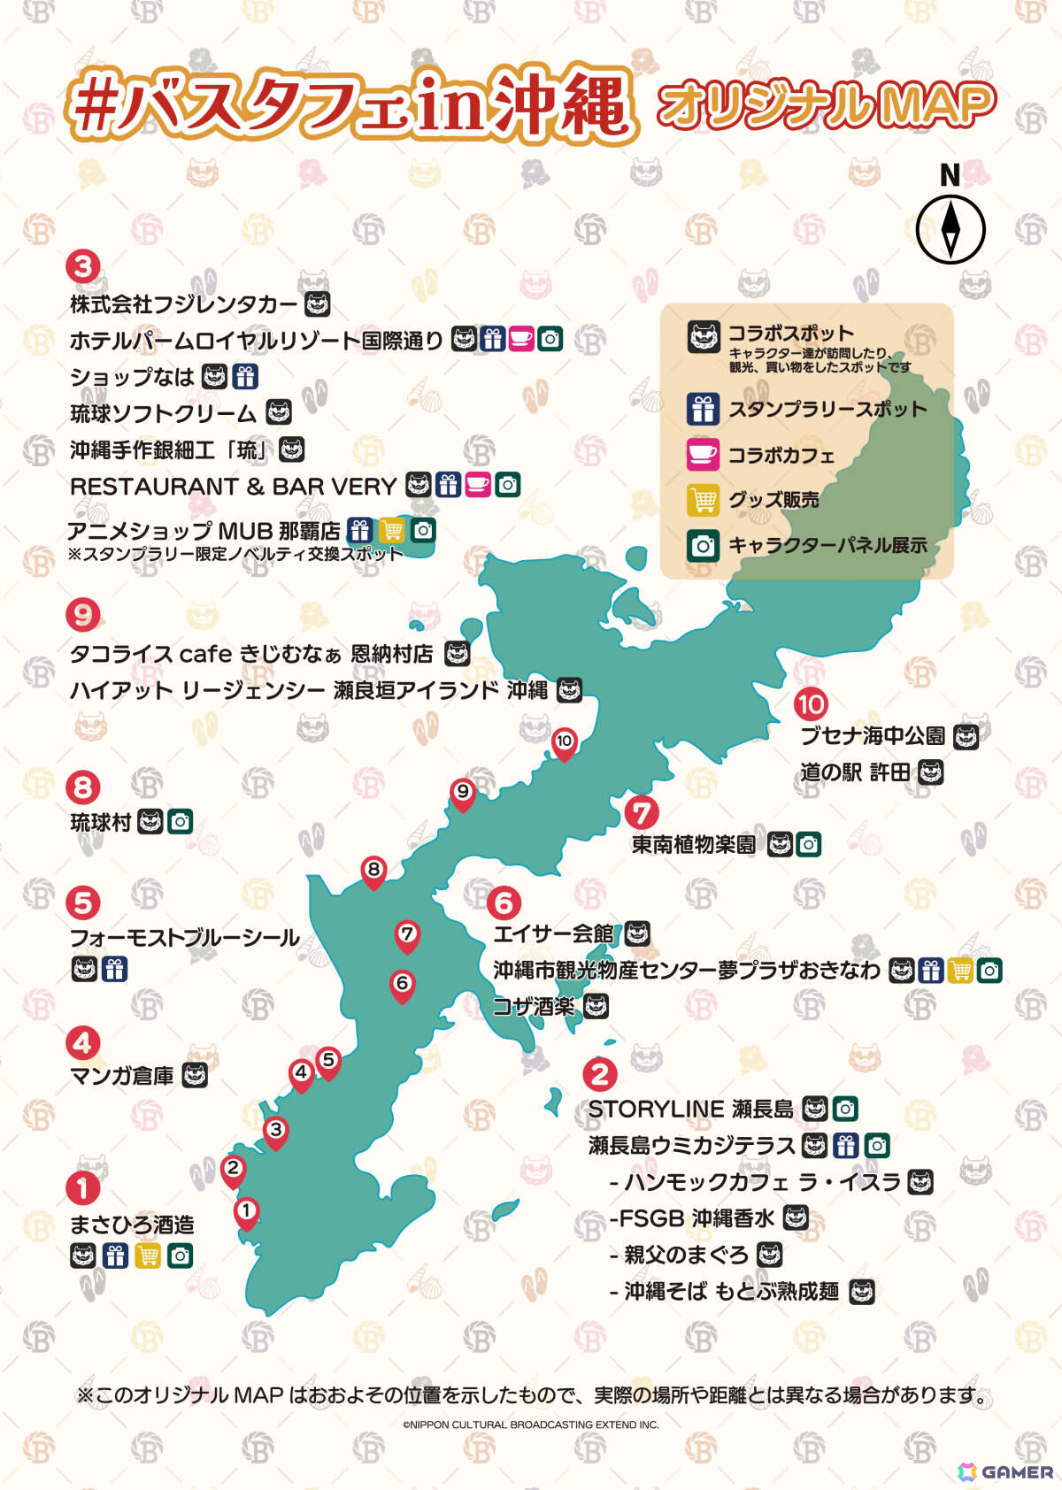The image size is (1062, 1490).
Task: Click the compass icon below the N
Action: click(950, 228)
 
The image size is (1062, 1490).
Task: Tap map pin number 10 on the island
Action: click(564, 742)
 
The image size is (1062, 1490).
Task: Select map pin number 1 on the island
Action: click(246, 1211)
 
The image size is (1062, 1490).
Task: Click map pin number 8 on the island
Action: click(373, 871)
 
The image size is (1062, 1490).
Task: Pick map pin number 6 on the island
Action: click(403, 984)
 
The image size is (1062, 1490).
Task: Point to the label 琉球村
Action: click(101, 823)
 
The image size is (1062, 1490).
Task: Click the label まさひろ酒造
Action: click(132, 1225)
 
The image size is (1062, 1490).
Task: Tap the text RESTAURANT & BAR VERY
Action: click(233, 487)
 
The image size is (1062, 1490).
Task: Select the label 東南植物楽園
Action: click(694, 845)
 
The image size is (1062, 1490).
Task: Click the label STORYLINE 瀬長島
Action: click(691, 1110)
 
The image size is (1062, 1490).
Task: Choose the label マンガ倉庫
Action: click(122, 1076)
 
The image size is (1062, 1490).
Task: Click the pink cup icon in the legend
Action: click(703, 455)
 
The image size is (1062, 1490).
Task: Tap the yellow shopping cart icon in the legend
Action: click(703, 500)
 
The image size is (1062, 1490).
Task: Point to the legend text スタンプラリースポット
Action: click(827, 410)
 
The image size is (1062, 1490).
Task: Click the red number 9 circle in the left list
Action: click(83, 615)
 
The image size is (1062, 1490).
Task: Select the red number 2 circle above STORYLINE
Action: click(600, 1074)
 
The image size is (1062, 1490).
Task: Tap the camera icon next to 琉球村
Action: click(180, 822)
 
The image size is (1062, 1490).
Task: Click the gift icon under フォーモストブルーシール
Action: click(114, 970)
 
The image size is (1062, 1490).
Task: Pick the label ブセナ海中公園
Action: click(873, 736)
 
